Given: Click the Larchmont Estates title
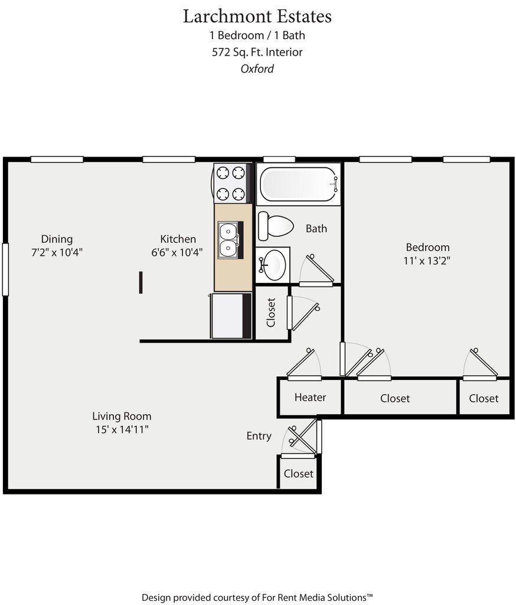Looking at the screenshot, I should (257, 16).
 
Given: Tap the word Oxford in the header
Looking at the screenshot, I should (257, 69).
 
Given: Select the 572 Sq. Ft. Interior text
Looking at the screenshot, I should (257, 52).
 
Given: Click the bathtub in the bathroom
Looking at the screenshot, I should (298, 184).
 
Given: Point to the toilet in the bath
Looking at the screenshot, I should (276, 226).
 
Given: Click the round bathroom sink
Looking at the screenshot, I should (273, 265).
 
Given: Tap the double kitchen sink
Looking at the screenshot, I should (228, 240).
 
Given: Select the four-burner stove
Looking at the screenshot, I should (230, 183).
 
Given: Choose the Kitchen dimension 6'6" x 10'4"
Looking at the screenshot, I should (178, 252).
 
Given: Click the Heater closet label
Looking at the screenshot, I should (310, 398).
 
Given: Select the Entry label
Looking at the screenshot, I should (259, 436).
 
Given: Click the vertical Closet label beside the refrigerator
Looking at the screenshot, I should (271, 313).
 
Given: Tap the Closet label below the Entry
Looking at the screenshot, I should (298, 474).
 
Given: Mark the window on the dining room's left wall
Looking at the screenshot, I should (5, 269).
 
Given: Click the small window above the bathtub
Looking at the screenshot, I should (279, 159).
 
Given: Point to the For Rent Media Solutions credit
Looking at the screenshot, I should (257, 597).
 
